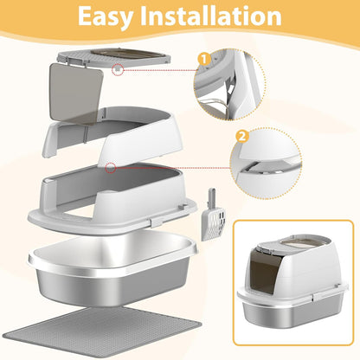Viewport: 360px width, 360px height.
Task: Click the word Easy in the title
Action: pos(106,16)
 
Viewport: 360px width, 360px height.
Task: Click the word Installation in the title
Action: pos(211,16)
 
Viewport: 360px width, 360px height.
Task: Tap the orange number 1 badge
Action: pos(204,60)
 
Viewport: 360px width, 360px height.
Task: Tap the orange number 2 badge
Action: pos(242,137)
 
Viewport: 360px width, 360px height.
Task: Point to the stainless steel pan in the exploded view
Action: pos(112,267)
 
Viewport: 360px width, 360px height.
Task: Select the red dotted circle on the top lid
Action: pos(118,69)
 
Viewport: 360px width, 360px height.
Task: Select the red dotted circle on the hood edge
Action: pos(111,168)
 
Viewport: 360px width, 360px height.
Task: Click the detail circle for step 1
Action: pos(229,84)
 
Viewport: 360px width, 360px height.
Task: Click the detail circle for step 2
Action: pos(266,164)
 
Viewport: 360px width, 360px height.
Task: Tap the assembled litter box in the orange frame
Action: pos(292,281)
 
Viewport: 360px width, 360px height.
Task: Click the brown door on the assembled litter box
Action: pos(263,273)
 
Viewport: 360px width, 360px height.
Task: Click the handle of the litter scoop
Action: pos(212,198)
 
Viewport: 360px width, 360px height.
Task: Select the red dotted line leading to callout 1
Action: pos(160,70)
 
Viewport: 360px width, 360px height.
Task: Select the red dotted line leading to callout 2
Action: pos(173,168)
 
